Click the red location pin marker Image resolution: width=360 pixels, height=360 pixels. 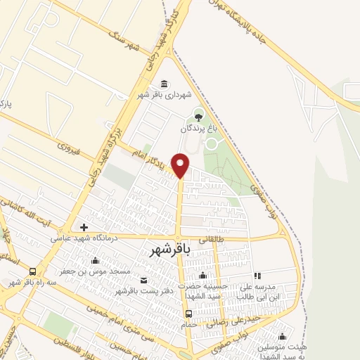181,165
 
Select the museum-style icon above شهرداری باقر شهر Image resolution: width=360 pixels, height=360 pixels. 164,83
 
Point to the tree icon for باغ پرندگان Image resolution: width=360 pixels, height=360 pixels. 198,115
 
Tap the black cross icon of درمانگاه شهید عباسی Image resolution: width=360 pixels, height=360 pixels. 84,227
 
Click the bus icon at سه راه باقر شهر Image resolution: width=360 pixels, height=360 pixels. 32,271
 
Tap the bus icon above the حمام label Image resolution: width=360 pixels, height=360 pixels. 188,314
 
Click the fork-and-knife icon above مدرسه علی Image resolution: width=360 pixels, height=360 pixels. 257,276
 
